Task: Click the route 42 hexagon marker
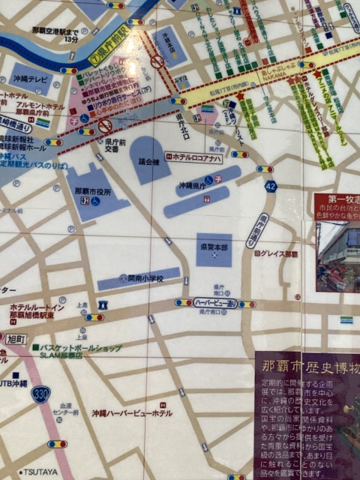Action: click(270, 186)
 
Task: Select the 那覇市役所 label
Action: click(93, 192)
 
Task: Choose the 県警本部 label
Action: click(214, 245)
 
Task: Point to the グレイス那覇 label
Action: click(279, 254)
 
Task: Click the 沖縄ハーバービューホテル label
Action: click(132, 413)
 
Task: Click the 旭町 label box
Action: click(16, 339)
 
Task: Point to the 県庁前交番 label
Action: click(114, 145)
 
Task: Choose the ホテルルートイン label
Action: click(37, 308)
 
